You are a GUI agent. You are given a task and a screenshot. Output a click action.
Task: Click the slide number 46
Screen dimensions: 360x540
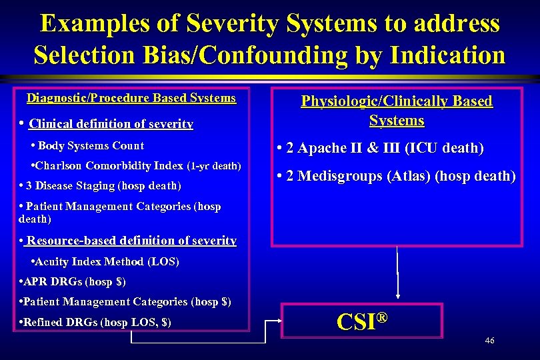[x=489, y=341]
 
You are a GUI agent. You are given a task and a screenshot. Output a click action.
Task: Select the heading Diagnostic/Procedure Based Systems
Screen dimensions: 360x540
[x=131, y=99]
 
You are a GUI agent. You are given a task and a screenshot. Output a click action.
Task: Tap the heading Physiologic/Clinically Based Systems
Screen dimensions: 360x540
[x=397, y=111]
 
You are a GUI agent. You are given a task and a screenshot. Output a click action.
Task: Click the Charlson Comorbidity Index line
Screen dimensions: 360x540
[x=136, y=165]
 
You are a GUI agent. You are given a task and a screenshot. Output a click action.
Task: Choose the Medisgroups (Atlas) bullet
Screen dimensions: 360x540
[x=396, y=177]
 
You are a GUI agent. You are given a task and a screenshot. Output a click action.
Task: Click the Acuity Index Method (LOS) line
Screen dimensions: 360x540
[x=105, y=262]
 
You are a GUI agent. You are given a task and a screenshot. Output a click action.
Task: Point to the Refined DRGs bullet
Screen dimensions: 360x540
[x=97, y=322]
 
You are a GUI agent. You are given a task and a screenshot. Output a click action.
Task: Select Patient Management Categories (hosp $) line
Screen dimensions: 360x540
[x=126, y=302]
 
